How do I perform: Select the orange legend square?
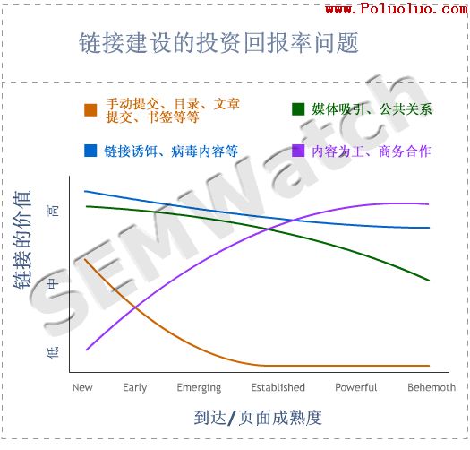tap(90, 109)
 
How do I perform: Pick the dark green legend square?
tap(298, 109)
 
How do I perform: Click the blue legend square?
tap(90, 151)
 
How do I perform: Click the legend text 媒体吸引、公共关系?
tap(372, 109)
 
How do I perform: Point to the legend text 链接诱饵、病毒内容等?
tap(171, 151)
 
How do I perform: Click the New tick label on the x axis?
tap(82, 387)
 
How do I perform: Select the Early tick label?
tap(135, 387)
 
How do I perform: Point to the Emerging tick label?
tap(199, 387)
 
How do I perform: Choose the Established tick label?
tap(278, 387)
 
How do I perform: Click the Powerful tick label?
tap(356, 387)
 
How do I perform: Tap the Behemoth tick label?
tap(432, 387)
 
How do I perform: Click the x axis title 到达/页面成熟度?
tap(257, 418)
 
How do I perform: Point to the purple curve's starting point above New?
tap(86, 350)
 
